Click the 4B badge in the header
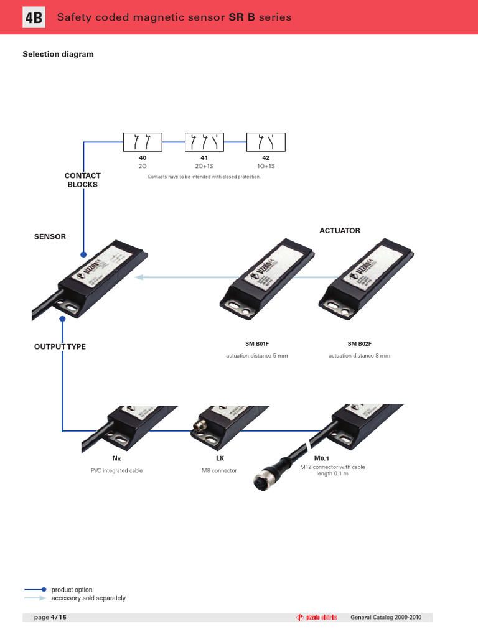click(x=34, y=18)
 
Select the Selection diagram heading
click(x=58, y=54)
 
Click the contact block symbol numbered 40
click(x=143, y=142)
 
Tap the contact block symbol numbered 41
click(x=204, y=142)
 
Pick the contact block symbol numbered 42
click(x=266, y=142)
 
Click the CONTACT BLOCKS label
click(x=82, y=180)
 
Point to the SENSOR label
click(x=50, y=237)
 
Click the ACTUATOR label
click(x=339, y=231)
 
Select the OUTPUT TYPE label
click(x=60, y=346)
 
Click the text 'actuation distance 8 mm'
click(x=359, y=356)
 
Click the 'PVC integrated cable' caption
click(x=116, y=471)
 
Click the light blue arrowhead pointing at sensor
click(x=140, y=277)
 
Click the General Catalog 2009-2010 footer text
click(x=386, y=617)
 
